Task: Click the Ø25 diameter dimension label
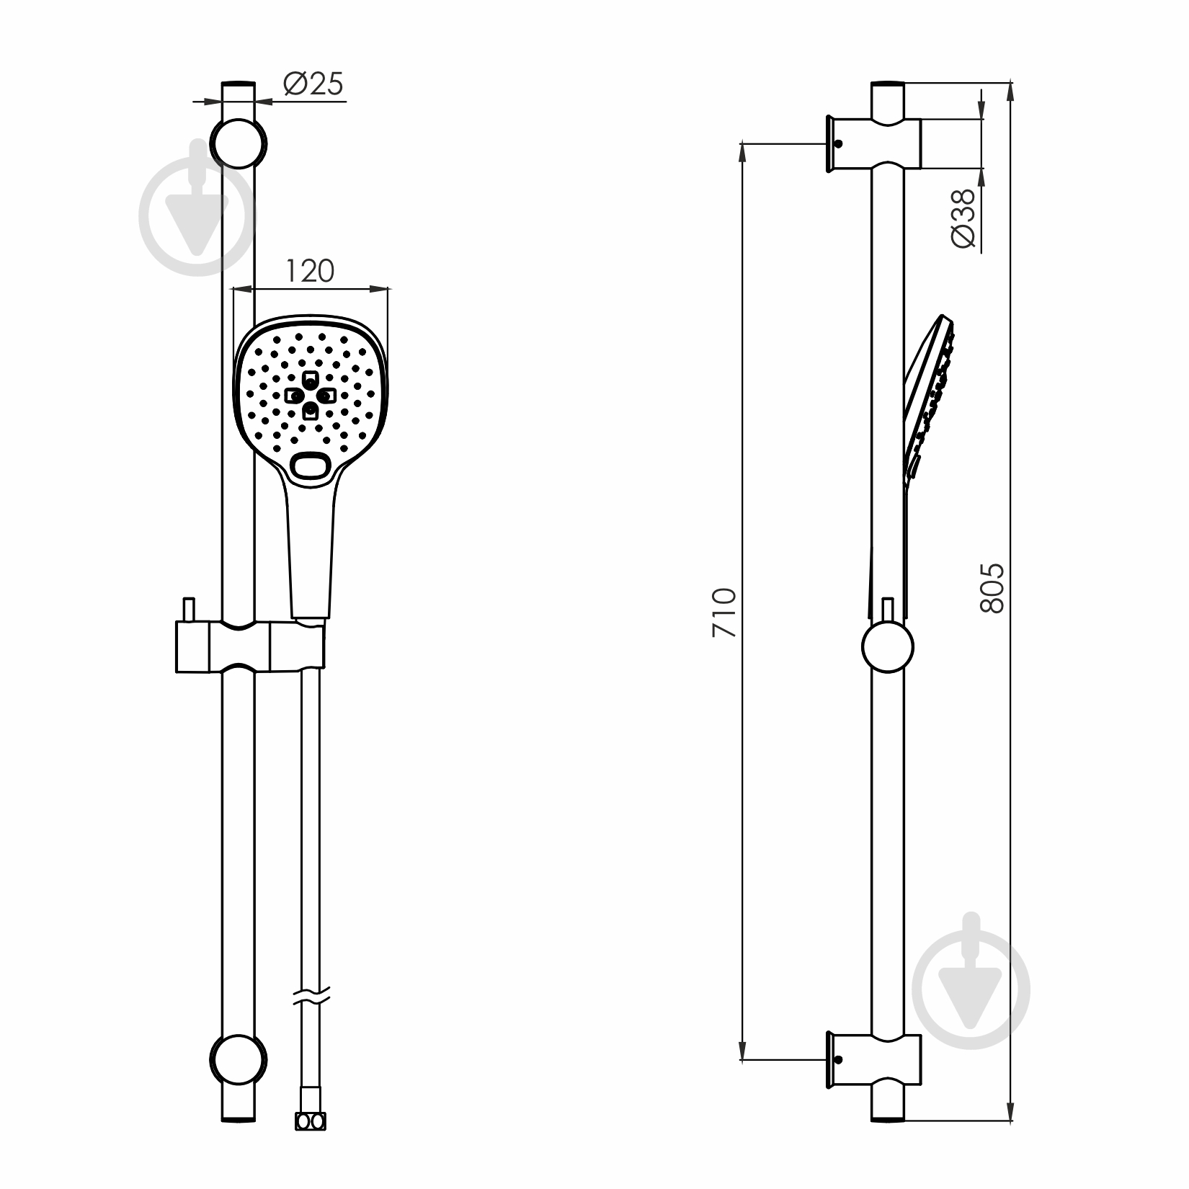pos(313,84)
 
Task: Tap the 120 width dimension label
pos(310,271)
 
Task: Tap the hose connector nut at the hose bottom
pos(311,1122)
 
